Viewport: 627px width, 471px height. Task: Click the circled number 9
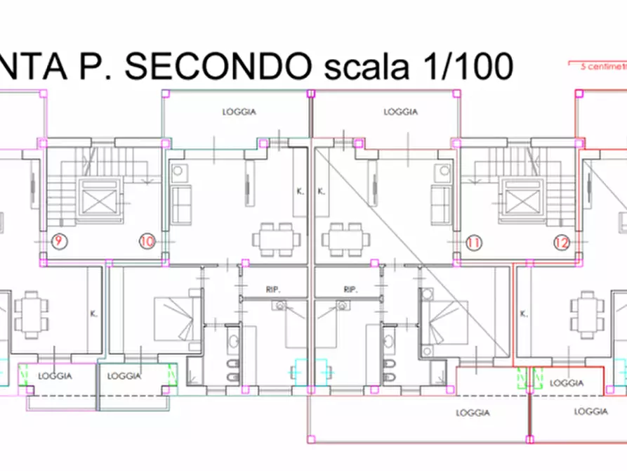tap(58, 242)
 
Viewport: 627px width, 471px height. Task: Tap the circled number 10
tap(147, 242)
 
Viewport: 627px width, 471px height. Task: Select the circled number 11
tap(474, 243)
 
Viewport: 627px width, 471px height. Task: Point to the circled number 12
tap(562, 243)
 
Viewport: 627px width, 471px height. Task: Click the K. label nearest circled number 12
tap(523, 314)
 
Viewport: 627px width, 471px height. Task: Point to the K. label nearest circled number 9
tap(93, 314)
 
